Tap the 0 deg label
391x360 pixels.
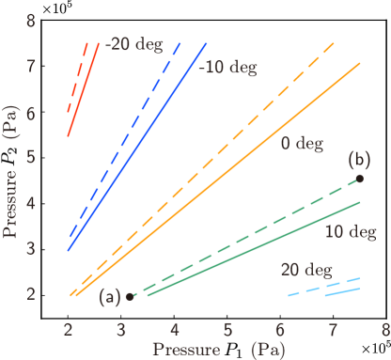[301, 144]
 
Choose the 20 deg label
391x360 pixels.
[305, 270]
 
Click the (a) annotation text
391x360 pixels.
[111, 297]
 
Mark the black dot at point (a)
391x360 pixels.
[130, 296]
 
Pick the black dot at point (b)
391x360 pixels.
[360, 178]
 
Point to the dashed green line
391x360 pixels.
[244, 238]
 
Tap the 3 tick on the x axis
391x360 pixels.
[121, 329]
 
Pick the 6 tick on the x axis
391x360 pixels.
[280, 329]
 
